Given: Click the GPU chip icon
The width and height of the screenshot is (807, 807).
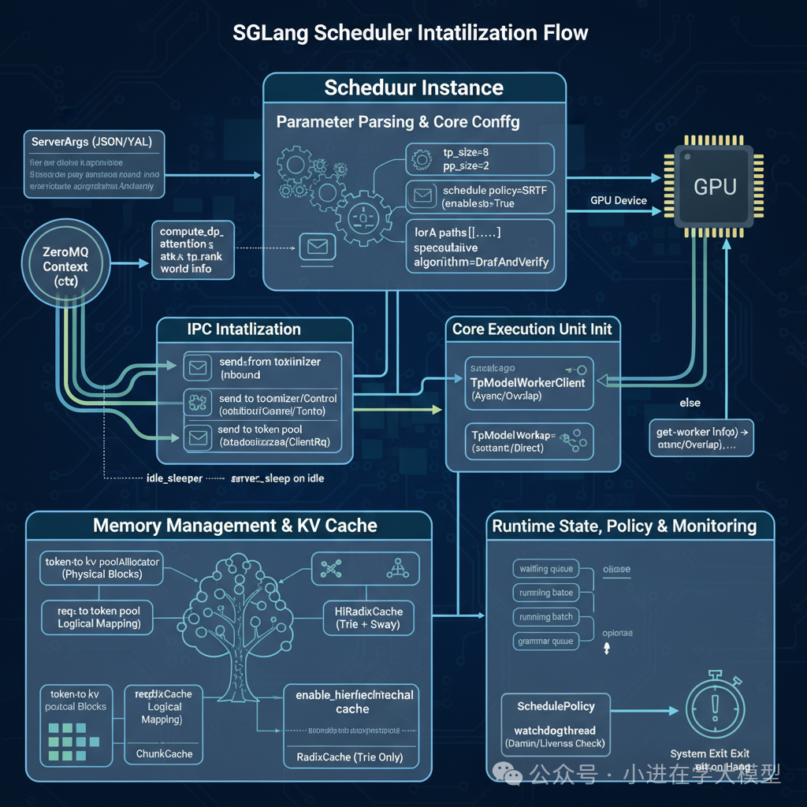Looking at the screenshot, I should point(715,187).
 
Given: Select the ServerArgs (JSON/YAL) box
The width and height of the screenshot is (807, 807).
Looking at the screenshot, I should point(94,163).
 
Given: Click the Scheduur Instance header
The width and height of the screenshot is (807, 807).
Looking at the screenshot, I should point(414,87).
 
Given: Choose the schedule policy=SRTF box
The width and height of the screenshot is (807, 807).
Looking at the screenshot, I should point(480,197).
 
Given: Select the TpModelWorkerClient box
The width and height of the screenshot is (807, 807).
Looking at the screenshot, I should point(527,382).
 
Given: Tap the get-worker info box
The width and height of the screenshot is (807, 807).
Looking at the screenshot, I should point(699,438).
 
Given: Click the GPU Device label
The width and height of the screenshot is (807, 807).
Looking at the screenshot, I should point(619,200).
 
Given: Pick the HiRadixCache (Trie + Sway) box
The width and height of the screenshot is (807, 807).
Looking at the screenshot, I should point(363,618).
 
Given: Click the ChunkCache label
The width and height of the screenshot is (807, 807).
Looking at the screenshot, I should point(164,753).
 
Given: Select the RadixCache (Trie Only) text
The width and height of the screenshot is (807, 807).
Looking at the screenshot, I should point(350,757).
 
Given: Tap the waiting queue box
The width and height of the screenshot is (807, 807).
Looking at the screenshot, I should point(545,569).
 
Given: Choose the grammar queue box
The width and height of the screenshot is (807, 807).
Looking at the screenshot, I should point(545,641).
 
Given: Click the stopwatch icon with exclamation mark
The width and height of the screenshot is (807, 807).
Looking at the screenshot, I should point(715,706).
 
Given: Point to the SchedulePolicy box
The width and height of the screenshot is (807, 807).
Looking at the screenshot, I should point(556,706).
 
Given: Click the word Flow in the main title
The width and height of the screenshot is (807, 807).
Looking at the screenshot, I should point(562,33).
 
